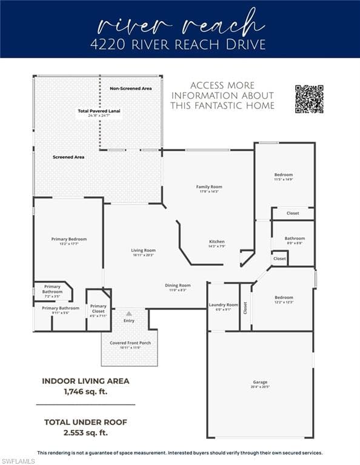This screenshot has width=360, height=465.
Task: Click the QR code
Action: click(x=309, y=99)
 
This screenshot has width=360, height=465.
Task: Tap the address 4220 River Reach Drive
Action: click(x=180, y=45)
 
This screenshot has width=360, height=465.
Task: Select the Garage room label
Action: click(x=260, y=382)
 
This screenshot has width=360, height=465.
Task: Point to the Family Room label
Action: click(x=209, y=187)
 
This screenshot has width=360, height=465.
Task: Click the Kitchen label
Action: click(x=217, y=242)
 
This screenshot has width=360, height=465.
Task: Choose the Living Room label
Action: click(x=144, y=250)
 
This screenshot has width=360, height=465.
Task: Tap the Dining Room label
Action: click(x=178, y=285)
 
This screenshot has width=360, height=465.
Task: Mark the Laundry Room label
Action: click(x=224, y=305)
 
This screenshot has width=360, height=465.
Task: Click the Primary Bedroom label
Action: click(x=69, y=239)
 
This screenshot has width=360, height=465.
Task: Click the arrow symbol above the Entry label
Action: click(x=128, y=314)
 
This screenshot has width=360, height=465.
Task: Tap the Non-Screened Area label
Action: click(x=130, y=89)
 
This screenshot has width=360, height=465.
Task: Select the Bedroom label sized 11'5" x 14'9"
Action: click(x=284, y=175)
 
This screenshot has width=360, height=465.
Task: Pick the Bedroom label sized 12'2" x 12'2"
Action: click(x=284, y=297)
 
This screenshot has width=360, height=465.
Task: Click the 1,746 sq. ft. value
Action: click(x=85, y=392)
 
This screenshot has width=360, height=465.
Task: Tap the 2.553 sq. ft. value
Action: click(x=85, y=433)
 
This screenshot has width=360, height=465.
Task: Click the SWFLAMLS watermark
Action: click(x=18, y=461)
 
